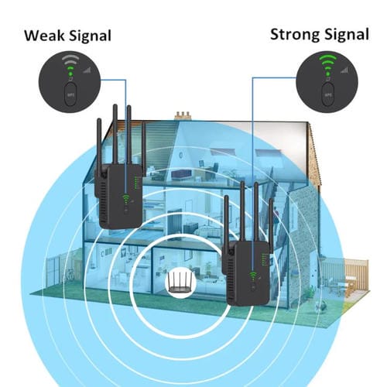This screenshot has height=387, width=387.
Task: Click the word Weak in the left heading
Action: (46, 35)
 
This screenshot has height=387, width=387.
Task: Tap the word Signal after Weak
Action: (90, 35)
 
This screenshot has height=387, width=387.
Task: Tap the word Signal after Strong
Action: (342, 34)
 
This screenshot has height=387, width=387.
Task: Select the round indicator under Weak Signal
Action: (72, 78)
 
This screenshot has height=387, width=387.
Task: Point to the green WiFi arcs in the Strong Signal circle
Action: (325, 61)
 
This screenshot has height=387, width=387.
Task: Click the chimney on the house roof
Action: (183, 117)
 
